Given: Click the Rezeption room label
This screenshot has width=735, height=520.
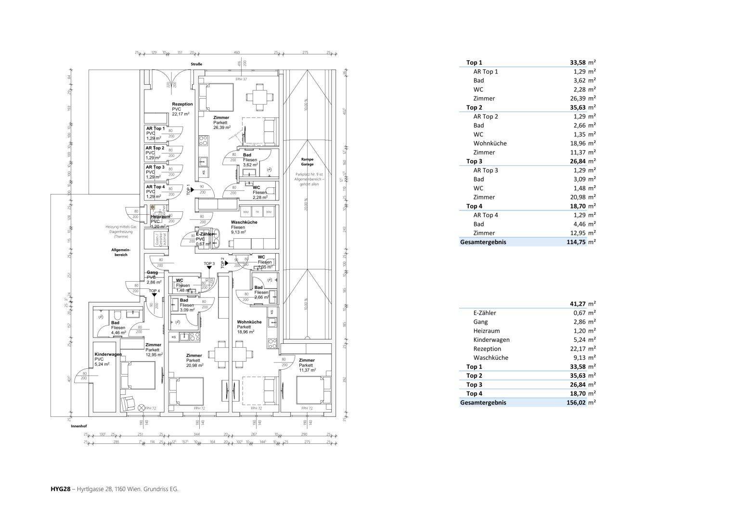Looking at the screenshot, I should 182,104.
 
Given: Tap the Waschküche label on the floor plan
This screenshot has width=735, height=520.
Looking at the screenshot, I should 244,222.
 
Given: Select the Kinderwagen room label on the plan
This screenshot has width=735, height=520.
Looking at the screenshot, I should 108,354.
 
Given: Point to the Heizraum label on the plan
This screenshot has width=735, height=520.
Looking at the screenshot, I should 159,217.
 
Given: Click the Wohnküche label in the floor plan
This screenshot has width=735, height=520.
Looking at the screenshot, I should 249,322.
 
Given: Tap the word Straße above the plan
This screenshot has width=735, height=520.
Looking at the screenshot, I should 196,64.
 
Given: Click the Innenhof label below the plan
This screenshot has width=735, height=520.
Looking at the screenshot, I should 78,427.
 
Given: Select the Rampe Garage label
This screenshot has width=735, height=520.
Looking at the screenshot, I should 308,161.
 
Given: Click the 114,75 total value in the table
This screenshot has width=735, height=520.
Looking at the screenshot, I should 576,242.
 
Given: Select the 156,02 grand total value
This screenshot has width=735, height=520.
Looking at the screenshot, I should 576,403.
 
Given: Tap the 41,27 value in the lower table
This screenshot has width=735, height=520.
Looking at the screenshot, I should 578,304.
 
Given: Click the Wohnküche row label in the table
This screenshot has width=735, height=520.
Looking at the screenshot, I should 490,143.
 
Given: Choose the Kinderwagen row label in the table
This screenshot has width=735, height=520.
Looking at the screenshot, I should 491,340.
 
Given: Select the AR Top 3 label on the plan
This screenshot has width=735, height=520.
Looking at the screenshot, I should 155,167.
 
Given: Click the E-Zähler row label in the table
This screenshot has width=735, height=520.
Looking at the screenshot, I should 484,313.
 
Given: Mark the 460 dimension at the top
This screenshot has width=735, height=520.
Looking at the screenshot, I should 237,52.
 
